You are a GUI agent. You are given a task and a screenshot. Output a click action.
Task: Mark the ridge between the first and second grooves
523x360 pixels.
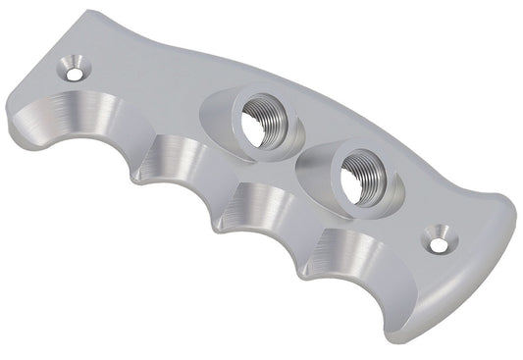tap(137, 161)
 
